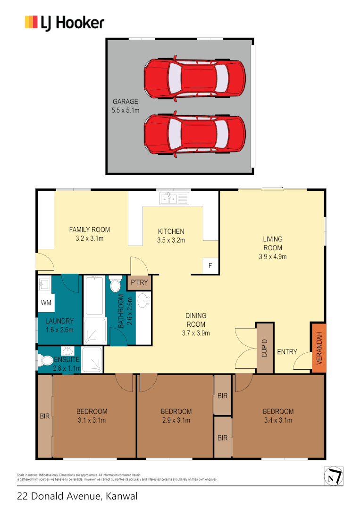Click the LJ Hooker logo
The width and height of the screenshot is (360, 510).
click(x=64, y=23)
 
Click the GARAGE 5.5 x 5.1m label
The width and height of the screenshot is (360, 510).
click(x=125, y=105)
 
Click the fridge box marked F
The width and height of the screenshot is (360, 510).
click(x=210, y=266)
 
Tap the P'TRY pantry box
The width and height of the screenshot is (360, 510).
click(x=139, y=283)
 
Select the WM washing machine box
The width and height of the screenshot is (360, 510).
click(x=46, y=302)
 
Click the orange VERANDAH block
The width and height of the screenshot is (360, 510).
click(x=318, y=348)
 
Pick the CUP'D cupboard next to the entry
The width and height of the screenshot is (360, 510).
click(x=265, y=348)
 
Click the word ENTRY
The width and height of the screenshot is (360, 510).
click(x=287, y=352)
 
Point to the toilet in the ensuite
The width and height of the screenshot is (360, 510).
click(x=46, y=360)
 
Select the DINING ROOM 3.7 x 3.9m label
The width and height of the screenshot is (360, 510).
click(x=196, y=324)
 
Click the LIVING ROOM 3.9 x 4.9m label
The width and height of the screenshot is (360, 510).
click(x=273, y=248)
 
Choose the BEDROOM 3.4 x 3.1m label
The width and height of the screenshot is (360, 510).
click(x=278, y=416)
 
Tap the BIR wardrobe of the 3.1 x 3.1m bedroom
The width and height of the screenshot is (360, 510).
click(x=45, y=416)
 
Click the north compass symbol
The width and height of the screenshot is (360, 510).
click(x=334, y=476)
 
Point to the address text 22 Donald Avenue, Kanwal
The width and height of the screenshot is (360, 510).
click(x=77, y=496)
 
